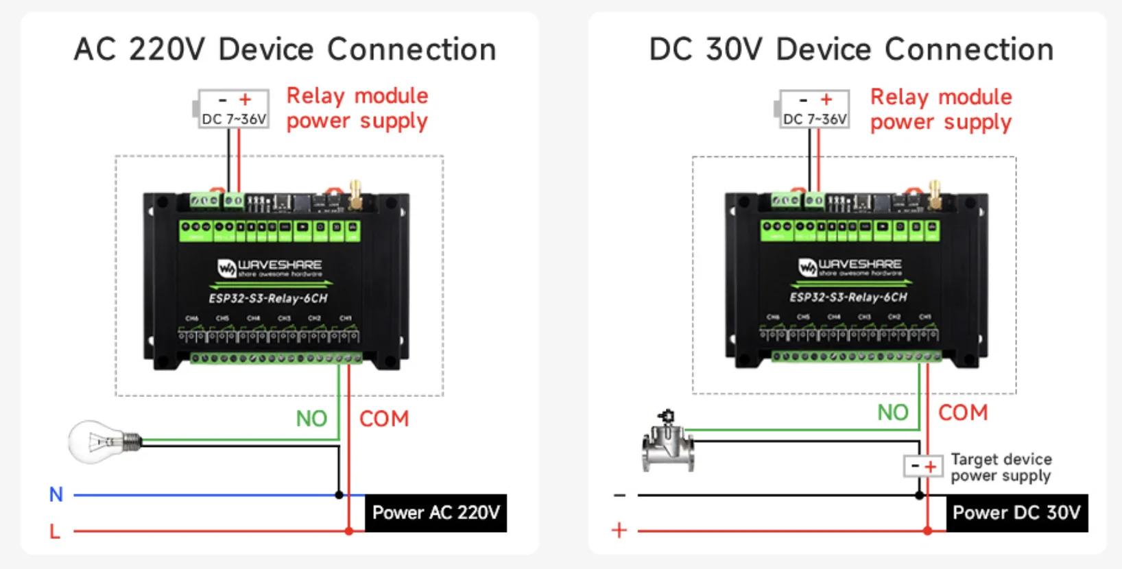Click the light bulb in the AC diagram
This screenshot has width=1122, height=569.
click(103, 442)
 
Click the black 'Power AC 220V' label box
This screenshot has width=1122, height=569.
click(435, 513)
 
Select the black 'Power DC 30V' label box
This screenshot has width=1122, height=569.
click(1016, 513)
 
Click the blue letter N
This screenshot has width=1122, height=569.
click(56, 494)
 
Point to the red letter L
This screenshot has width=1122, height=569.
click(55, 531)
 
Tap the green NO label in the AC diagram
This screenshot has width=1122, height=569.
click(311, 418)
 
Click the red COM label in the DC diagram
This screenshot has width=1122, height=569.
click(963, 413)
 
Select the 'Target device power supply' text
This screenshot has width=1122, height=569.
click(1001, 468)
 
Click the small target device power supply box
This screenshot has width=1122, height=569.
click(923, 467)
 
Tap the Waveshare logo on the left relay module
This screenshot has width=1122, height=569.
click(269, 267)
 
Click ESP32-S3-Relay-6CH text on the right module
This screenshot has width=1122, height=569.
click(848, 298)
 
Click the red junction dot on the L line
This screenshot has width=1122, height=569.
click(349, 531)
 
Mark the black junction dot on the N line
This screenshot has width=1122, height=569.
click(339, 494)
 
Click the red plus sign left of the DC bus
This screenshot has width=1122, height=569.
click(619, 530)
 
